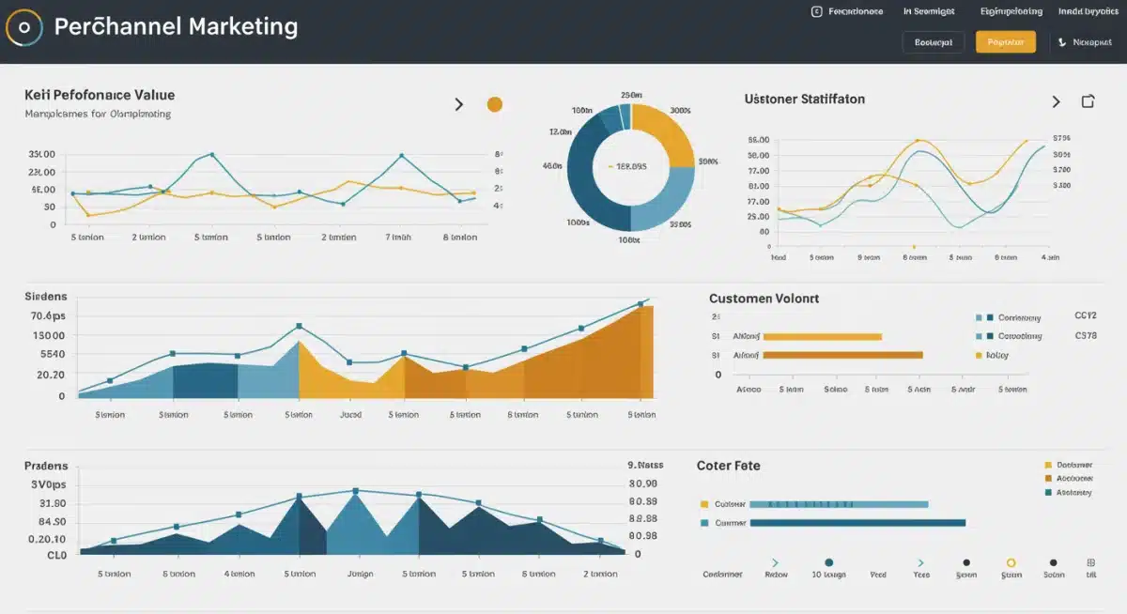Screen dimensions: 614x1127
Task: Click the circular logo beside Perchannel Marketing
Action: (x=24, y=28)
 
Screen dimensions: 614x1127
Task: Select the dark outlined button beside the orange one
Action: (x=933, y=42)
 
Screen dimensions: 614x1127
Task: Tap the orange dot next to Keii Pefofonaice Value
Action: (x=494, y=104)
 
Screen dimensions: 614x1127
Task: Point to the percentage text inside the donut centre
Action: (x=630, y=166)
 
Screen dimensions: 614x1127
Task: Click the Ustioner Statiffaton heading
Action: (x=804, y=99)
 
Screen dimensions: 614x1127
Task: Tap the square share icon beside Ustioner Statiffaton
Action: (x=1088, y=101)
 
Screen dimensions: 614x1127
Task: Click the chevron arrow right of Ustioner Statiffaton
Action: (x=1056, y=101)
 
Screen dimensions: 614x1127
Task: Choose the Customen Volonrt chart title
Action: (x=764, y=298)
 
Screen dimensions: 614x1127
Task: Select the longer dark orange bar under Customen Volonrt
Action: (x=842, y=355)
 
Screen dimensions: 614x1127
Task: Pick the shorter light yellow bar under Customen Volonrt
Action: (x=822, y=335)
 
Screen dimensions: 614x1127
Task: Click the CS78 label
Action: (x=1085, y=335)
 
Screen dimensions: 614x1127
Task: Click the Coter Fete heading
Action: (x=728, y=465)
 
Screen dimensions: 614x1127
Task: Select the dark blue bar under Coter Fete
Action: (x=857, y=523)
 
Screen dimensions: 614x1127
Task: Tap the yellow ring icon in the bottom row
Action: (x=1011, y=562)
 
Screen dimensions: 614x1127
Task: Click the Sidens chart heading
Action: (x=47, y=296)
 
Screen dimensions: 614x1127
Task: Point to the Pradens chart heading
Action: (x=46, y=465)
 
